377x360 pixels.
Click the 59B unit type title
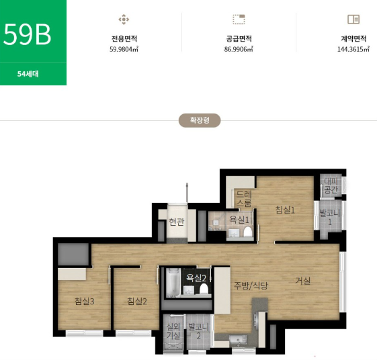click(27, 34)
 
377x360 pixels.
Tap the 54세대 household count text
click(28, 74)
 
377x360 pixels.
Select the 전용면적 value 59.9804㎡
click(124, 49)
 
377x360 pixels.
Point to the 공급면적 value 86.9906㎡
click(239, 49)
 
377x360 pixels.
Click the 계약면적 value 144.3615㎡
click(353, 49)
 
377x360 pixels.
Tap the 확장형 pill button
click(200, 120)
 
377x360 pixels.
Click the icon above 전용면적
click(124, 19)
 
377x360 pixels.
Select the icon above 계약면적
click(353, 19)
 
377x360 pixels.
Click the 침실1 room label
click(285, 210)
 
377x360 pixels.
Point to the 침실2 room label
click(137, 301)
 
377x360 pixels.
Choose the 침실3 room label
click(85, 301)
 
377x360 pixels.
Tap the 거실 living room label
click(302, 281)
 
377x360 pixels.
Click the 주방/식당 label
click(251, 285)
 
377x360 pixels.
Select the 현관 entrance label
click(177, 222)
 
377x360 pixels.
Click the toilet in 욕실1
click(248, 232)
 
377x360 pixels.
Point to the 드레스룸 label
click(244, 199)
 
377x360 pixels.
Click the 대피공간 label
click(331, 186)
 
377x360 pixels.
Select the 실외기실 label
click(173, 331)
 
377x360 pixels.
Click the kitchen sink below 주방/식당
click(237, 340)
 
